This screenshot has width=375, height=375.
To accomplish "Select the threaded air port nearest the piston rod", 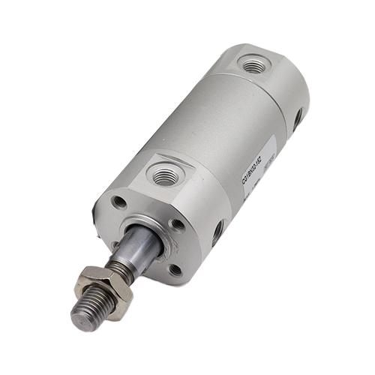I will [165, 175].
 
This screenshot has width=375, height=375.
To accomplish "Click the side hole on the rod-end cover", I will [217, 232].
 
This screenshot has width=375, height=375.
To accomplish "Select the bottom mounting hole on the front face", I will [173, 269].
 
